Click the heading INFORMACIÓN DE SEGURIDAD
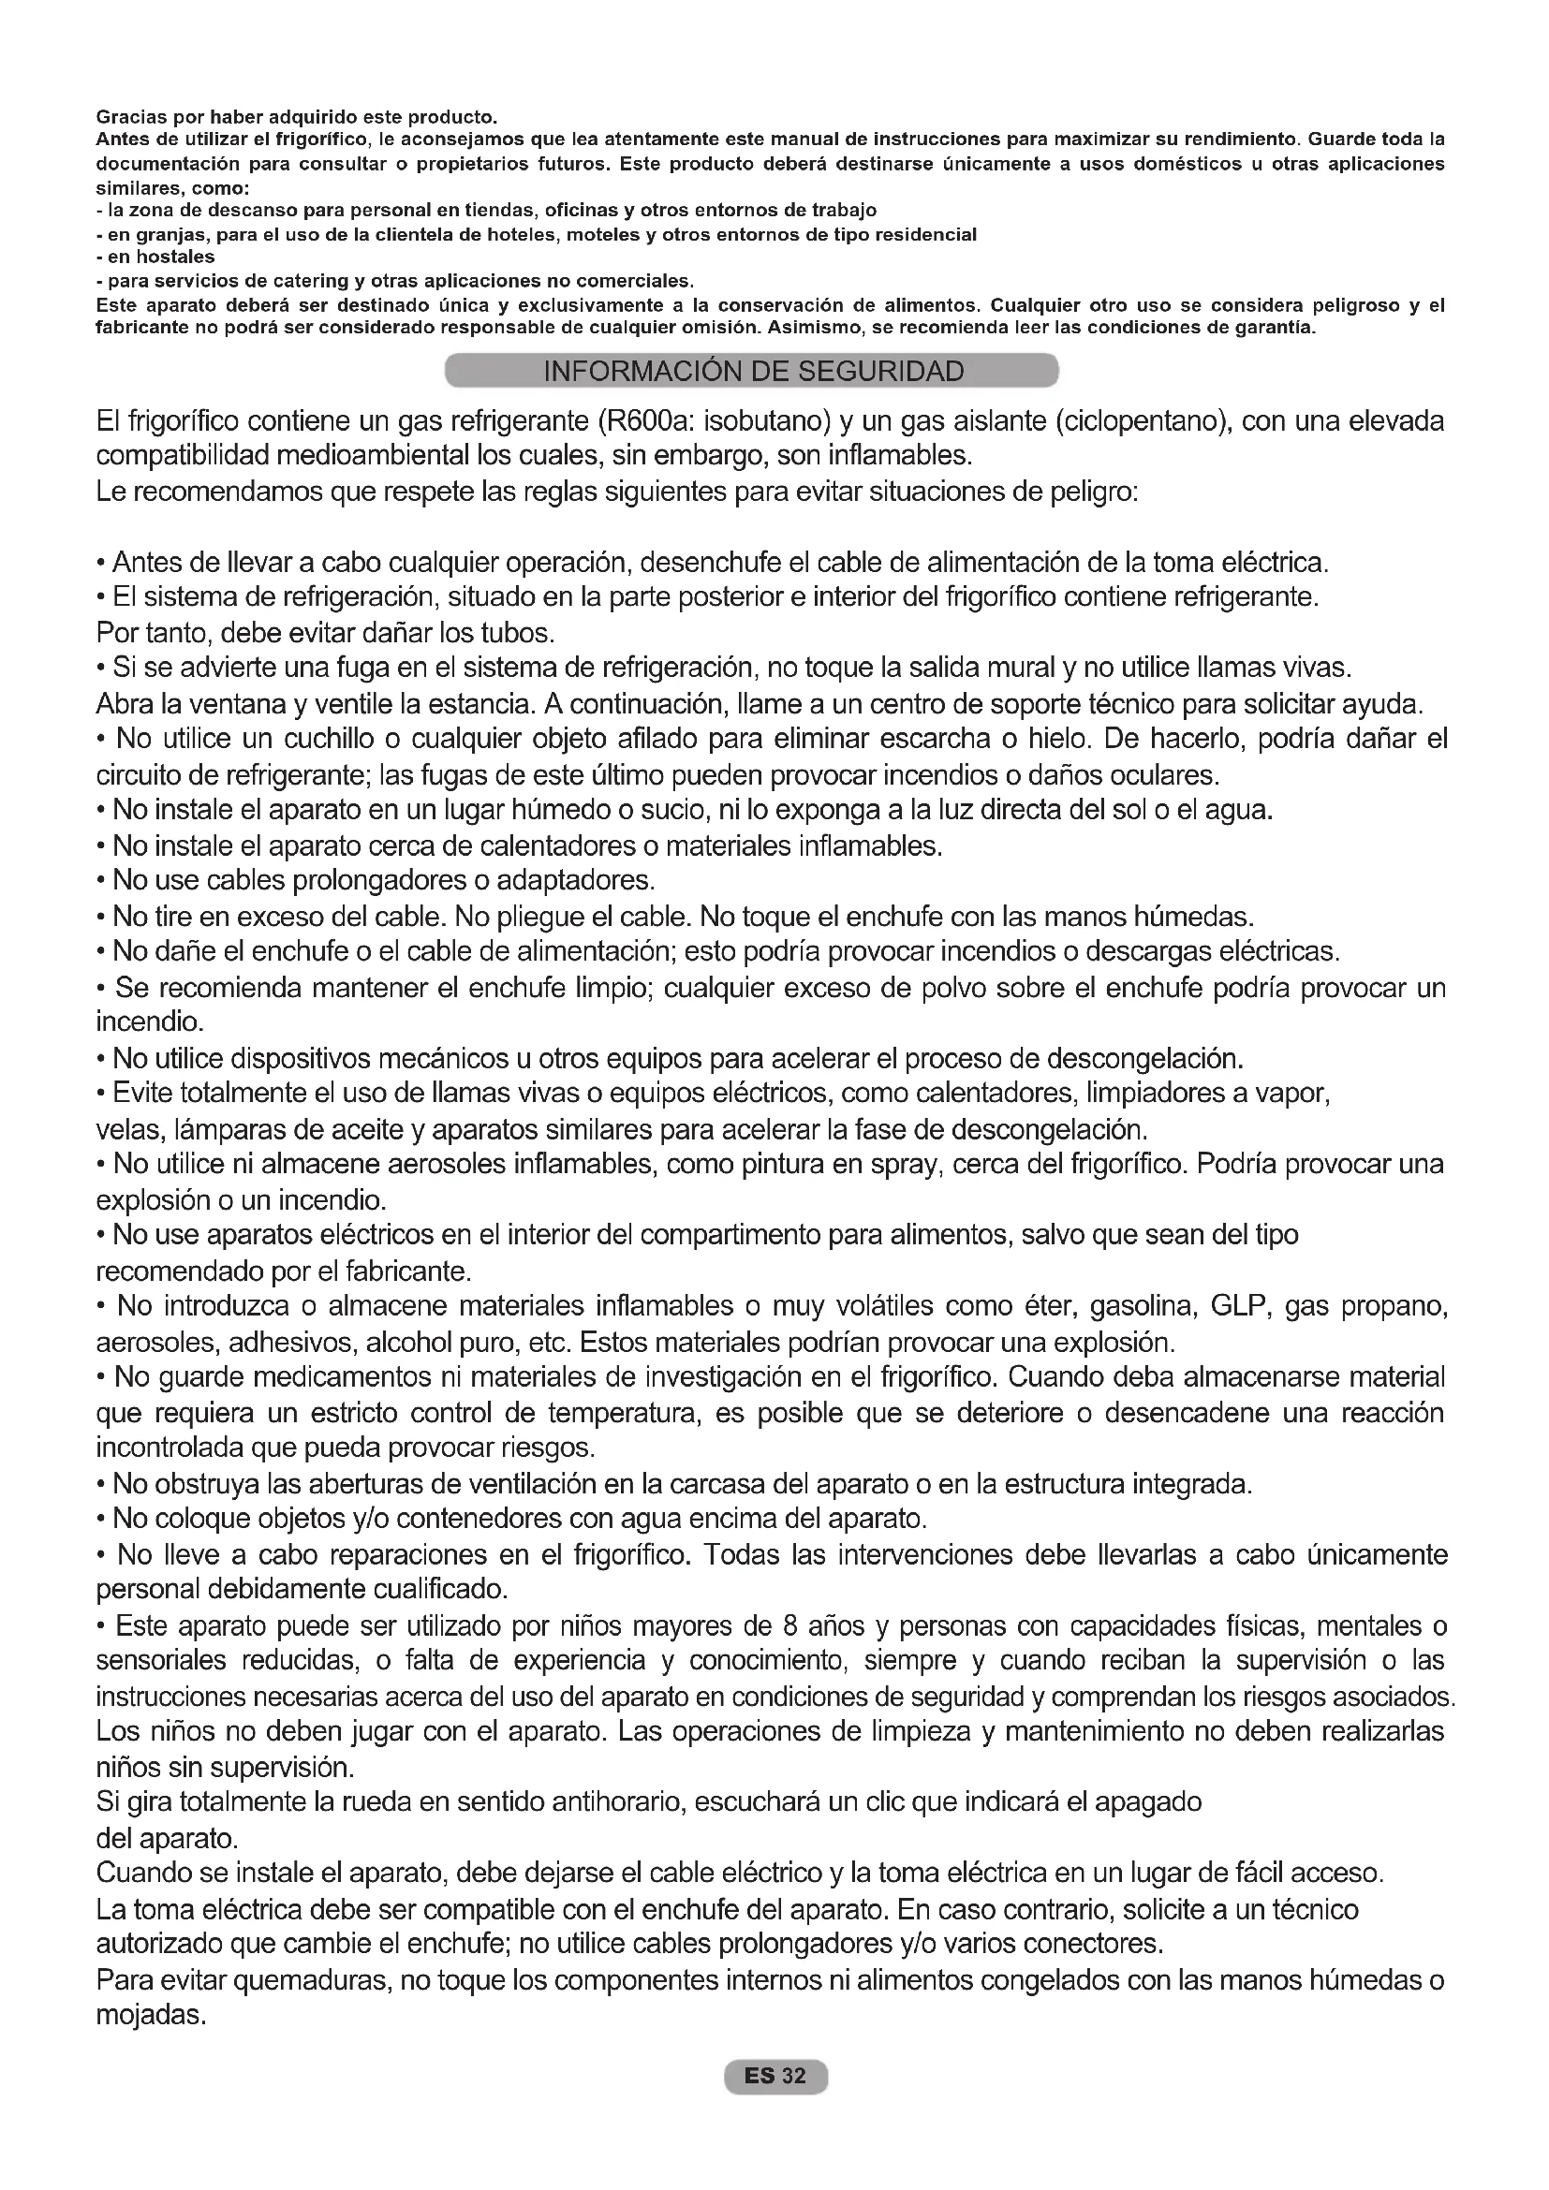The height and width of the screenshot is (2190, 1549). pos(753,371)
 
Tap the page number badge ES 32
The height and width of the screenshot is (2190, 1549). pos(775,2077)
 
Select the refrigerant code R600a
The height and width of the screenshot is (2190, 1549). pos(651,421)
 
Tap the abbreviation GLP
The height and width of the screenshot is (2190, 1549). pos(1240,1306)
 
